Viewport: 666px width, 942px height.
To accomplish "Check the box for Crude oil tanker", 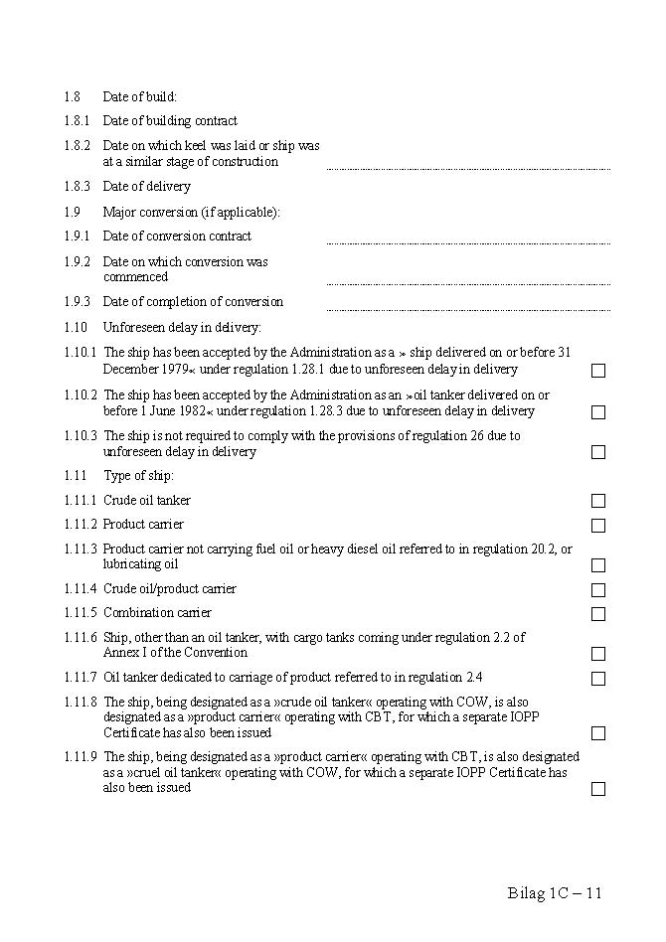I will (x=598, y=501).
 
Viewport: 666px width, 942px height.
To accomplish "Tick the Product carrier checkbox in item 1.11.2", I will (x=598, y=526).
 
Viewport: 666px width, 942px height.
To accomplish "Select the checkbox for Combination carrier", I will (x=598, y=614).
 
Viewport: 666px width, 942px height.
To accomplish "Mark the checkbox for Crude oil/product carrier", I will (x=598, y=590).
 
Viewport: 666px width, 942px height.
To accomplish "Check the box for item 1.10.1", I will (x=598, y=371).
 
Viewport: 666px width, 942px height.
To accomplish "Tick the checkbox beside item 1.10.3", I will (x=598, y=452).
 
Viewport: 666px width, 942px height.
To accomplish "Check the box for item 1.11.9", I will (x=598, y=789).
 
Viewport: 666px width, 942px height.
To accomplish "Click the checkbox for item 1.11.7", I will (x=598, y=679).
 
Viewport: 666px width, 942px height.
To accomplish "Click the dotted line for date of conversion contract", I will (x=468, y=242).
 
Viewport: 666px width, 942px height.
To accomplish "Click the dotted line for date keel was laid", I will (x=468, y=168).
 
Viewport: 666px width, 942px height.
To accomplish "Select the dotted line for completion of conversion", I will (x=468, y=308).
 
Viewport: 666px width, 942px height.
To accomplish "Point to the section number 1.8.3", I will (x=78, y=187).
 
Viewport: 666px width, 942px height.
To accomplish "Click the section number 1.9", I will (x=72, y=212).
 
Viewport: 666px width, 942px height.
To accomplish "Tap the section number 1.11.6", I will (x=81, y=638).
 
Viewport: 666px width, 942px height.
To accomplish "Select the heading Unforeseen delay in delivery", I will (x=182, y=327).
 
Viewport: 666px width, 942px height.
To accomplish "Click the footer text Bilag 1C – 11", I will (x=555, y=892).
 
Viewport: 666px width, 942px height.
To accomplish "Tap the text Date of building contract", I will (x=170, y=121).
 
